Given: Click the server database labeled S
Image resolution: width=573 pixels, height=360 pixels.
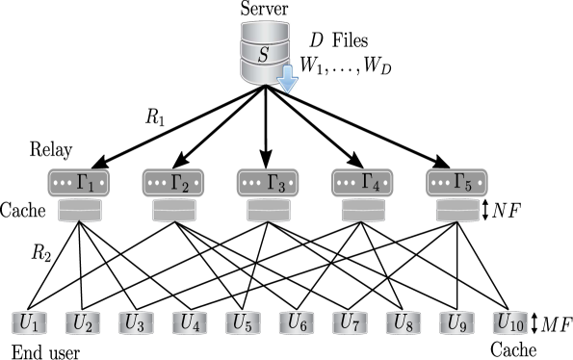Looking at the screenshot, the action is tap(263, 54).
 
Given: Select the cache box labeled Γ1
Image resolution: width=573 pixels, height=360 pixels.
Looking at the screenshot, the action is tap(78, 182).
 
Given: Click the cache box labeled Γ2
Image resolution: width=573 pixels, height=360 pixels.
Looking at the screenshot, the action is tap(173, 182).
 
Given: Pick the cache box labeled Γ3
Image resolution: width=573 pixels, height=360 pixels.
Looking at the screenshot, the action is tap(268, 182).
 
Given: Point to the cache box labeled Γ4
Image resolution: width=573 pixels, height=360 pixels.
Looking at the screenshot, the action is tap(362, 182).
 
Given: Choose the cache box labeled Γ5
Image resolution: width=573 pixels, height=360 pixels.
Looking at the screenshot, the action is tap(456, 182).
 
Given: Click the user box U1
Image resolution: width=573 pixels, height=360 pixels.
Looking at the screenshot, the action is tap(29, 323).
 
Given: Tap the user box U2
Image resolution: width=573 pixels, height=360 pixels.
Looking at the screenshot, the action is tap(83, 323).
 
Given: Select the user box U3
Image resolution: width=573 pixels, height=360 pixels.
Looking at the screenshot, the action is tap(136, 323).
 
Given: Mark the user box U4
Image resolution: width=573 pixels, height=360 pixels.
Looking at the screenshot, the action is tap(190, 323).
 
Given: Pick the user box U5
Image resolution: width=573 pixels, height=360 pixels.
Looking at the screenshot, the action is tap(243, 323).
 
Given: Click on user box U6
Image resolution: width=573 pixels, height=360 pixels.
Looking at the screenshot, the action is tap(297, 323).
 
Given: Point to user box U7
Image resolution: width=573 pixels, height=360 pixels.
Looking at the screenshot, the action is tap(350, 323).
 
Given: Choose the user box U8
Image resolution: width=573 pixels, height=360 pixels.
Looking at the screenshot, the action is tap(404, 323).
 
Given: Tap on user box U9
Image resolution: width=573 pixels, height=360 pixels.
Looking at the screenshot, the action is tap(456, 323).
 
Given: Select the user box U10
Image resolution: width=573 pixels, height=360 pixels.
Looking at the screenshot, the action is tap(510, 323).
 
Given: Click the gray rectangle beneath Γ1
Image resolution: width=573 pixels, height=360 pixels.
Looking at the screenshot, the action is tap(80, 211).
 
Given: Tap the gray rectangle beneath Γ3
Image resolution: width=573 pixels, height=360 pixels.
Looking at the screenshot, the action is tap(269, 211).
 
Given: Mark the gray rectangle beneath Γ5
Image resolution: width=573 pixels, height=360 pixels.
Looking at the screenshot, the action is tap(457, 211).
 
